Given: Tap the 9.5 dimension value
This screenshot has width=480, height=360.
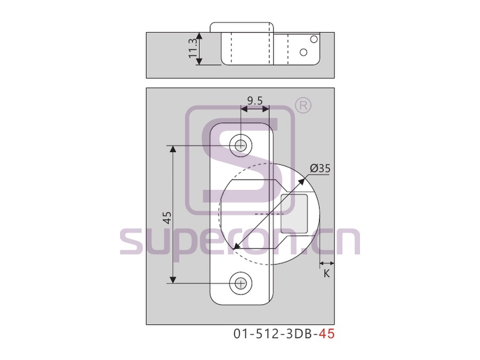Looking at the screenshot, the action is (255, 100).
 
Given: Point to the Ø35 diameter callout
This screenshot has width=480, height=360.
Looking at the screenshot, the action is (320, 169).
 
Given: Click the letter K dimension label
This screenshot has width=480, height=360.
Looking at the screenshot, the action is (326, 274).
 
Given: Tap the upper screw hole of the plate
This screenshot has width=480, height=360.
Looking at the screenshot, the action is (241, 146).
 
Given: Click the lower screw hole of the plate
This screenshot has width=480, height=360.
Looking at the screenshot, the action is (241, 284).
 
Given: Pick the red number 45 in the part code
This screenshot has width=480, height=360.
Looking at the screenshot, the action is (326, 334).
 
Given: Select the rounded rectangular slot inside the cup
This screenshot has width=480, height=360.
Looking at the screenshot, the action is (294, 214).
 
